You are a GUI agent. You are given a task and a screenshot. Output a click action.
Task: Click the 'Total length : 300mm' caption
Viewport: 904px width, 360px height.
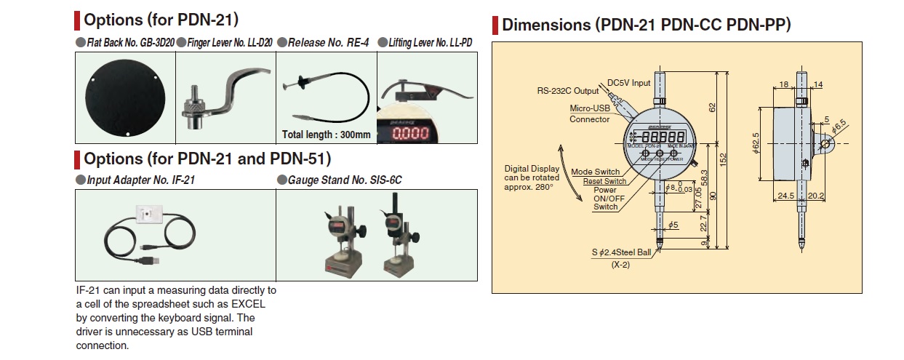tap(326, 135)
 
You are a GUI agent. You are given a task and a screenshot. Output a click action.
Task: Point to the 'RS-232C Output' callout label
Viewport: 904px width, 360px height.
tap(568, 91)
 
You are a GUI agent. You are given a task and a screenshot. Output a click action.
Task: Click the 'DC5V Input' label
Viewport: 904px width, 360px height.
tap(630, 83)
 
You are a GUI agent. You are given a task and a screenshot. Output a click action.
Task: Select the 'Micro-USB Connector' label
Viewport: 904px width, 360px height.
tap(590, 113)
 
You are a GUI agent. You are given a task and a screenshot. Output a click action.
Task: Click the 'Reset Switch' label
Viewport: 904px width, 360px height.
tap(604, 181)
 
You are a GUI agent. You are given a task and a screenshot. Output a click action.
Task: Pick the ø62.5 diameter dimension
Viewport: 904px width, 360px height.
tap(756, 146)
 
